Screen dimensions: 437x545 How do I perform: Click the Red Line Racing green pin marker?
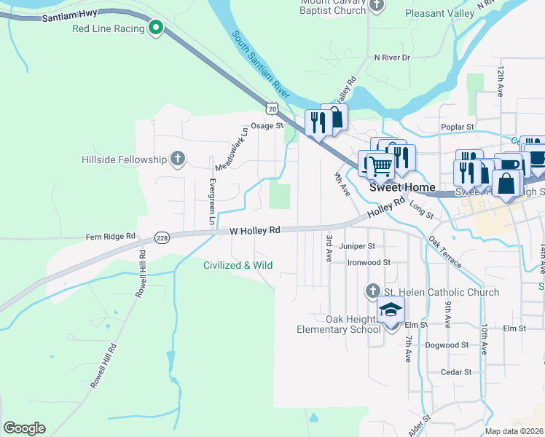(155, 28)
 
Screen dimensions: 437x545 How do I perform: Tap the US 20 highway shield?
(272, 109)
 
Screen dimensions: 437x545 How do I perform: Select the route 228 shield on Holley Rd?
(162, 237)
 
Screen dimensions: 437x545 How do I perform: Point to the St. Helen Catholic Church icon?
(372, 291)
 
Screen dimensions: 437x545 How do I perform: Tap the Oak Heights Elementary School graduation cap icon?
(391, 310)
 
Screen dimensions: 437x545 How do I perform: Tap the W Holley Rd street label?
(255, 230)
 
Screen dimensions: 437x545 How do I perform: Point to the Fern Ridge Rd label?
(111, 236)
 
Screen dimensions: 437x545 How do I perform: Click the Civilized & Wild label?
(238, 265)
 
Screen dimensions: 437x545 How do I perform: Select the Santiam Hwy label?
(69, 16)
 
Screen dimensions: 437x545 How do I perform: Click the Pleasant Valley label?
(439, 12)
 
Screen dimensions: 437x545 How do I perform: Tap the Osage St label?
(267, 125)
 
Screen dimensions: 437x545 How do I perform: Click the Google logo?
(24, 428)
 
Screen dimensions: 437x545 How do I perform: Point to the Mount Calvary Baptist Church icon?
(377, 6)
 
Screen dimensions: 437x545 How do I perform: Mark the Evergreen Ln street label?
(212, 201)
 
